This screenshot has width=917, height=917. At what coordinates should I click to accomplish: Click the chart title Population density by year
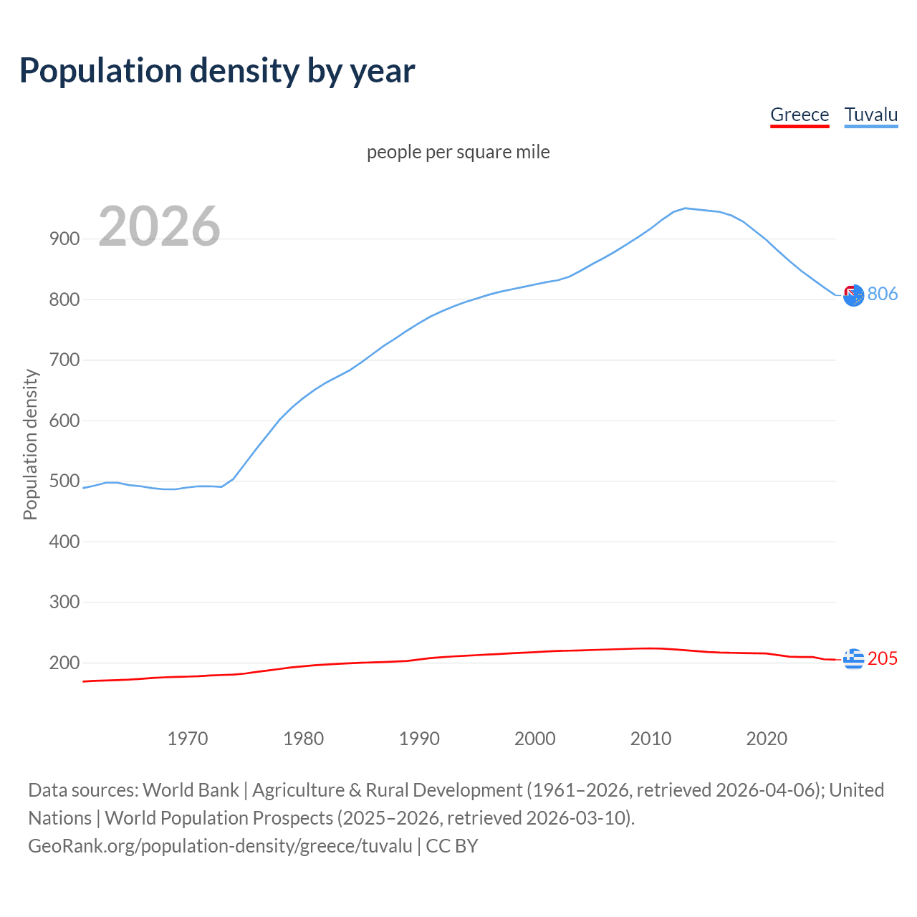(x=217, y=71)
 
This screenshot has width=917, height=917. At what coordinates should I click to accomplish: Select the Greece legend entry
(x=800, y=115)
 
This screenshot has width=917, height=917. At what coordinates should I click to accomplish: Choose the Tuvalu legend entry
(x=870, y=115)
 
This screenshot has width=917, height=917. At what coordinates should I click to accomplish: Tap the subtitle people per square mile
(x=458, y=152)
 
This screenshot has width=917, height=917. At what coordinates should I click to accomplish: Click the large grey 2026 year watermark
(x=159, y=226)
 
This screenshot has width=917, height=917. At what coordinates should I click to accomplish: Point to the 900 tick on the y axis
(x=64, y=239)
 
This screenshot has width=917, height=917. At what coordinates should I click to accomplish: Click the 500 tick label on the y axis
(x=64, y=481)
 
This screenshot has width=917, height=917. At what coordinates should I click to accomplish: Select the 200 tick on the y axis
(x=64, y=663)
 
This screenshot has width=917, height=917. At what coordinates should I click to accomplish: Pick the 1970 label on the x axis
(x=188, y=739)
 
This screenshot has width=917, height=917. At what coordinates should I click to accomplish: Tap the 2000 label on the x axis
(x=535, y=739)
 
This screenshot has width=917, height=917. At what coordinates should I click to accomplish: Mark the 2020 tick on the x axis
(x=767, y=739)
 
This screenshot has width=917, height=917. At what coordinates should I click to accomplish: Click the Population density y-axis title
(x=30, y=444)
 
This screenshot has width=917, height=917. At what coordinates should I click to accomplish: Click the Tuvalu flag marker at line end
(x=853, y=294)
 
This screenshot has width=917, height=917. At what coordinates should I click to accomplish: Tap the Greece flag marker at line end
(x=853, y=658)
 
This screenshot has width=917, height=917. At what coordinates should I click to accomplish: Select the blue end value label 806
(x=883, y=294)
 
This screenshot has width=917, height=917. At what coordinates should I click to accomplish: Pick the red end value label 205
(x=883, y=658)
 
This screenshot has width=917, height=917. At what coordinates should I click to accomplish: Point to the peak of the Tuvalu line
(x=685, y=208)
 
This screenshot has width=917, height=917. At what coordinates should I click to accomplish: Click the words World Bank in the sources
(x=191, y=790)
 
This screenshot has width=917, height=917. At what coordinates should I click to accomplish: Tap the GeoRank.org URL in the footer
(x=220, y=846)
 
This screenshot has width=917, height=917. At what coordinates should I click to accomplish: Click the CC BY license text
(x=452, y=846)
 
